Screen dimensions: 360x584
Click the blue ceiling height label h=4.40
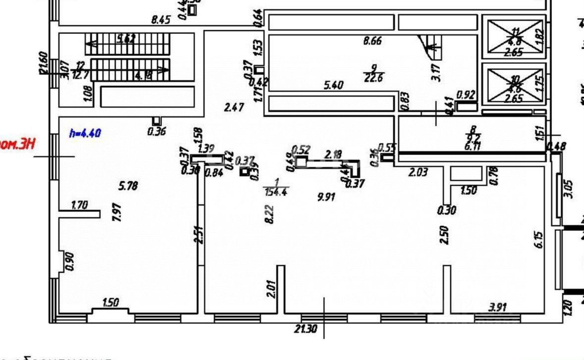click(85, 133)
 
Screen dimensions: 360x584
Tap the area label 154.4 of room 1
click(276, 192)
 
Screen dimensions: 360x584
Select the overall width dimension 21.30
click(306, 328)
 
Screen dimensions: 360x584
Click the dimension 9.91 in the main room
click(326, 197)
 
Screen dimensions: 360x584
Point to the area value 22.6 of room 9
click(373, 77)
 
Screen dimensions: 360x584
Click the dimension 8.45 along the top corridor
click(161, 20)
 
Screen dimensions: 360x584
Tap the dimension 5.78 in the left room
click(128, 186)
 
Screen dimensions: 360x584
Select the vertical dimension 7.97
click(117, 212)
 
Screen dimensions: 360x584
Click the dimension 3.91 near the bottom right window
click(497, 308)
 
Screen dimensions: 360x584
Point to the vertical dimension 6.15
click(539, 240)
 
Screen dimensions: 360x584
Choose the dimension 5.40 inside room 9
click(333, 85)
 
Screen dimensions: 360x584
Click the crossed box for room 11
click(515, 37)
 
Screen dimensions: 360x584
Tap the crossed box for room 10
click(515, 86)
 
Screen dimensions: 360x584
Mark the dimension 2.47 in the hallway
click(234, 107)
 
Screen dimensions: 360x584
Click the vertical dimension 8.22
click(270, 214)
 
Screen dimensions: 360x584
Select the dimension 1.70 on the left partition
click(79, 205)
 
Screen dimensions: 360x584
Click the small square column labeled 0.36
click(157, 121)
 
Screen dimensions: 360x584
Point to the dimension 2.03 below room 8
click(418, 172)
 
